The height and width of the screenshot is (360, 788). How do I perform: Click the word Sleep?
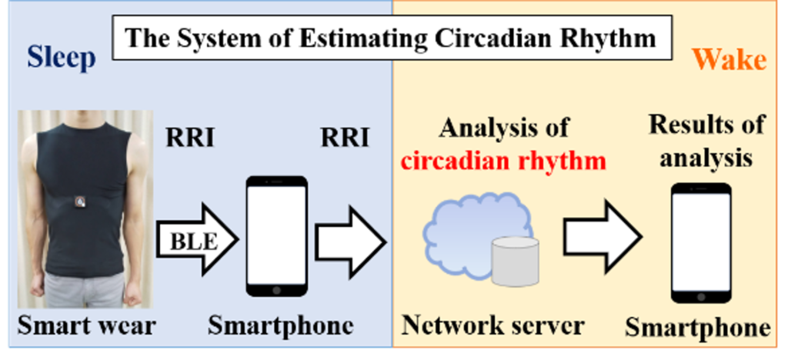pyautogui.click(x=62, y=58)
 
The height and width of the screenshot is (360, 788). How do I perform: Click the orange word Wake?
pyautogui.click(x=729, y=59)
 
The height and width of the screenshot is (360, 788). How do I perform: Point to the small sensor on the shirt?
pyautogui.click(x=79, y=202)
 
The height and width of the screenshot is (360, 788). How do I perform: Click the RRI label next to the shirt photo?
pyautogui.click(x=190, y=138)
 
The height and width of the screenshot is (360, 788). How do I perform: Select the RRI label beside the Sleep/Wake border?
pyautogui.click(x=344, y=138)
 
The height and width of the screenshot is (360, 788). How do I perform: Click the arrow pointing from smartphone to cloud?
pyautogui.click(x=350, y=244)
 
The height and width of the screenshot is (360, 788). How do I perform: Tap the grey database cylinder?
pyautogui.click(x=515, y=261)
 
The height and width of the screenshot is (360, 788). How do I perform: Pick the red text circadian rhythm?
pyautogui.click(x=504, y=162)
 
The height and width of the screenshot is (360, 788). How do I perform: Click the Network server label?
pyautogui.click(x=492, y=325)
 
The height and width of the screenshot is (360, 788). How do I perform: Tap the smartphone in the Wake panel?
pyautogui.click(x=701, y=242)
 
